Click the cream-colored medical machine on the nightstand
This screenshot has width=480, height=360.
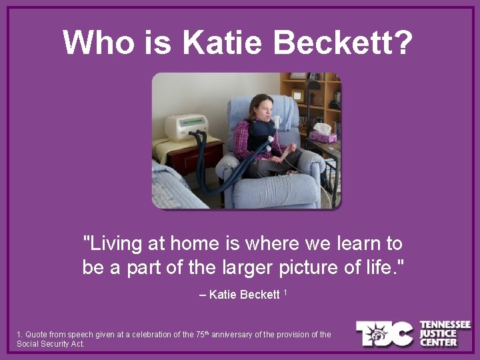186,127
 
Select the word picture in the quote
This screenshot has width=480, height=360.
298,267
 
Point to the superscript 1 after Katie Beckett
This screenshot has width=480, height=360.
285,293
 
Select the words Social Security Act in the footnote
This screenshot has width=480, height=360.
50,344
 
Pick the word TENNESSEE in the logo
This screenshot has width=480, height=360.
445,325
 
